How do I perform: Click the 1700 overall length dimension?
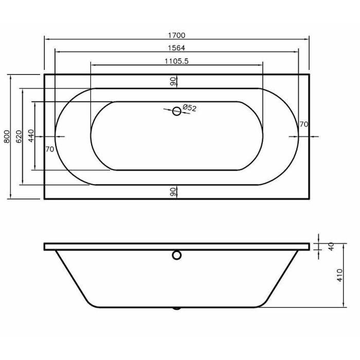(x=176, y=35)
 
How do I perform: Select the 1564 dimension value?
(x=176, y=48)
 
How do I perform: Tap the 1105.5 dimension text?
(x=176, y=61)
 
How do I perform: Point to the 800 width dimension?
(x=7, y=137)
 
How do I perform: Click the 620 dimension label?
(x=19, y=137)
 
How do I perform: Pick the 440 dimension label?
(x=31, y=136)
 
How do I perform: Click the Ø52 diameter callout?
(x=189, y=107)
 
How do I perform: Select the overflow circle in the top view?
(x=176, y=112)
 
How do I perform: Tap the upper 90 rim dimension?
(x=173, y=81)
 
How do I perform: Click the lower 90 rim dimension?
(x=173, y=192)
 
